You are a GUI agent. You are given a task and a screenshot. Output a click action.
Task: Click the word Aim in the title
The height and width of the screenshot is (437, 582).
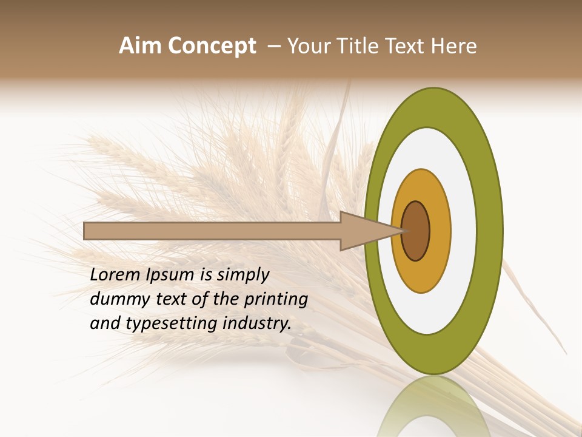pyautogui.click(x=140, y=46)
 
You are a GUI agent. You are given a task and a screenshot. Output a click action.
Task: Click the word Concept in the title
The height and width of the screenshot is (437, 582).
pyautogui.click(x=211, y=46)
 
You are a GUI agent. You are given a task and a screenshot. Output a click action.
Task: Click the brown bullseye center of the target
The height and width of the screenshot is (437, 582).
pyautogui.click(x=416, y=231)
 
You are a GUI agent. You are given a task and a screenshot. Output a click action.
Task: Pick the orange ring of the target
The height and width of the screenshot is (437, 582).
pyautogui.click(x=441, y=231)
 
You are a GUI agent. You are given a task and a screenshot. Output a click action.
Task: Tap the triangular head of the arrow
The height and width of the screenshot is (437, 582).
pyautogui.click(x=364, y=231)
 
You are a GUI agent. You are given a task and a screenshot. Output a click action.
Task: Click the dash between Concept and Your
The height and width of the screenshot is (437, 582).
pyautogui.click(x=273, y=46)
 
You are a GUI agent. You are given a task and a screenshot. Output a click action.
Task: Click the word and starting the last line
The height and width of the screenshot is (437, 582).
pyautogui.click(x=105, y=324)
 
